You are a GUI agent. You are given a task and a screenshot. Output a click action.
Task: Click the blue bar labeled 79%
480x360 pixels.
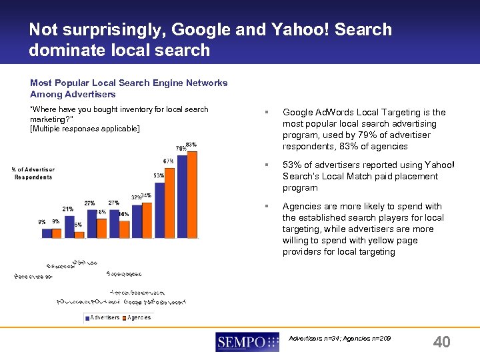[x=182, y=195]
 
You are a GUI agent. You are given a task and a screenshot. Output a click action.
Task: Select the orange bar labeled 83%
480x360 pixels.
[x=192, y=194]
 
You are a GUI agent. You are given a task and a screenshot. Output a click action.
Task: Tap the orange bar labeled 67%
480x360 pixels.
[x=169, y=203]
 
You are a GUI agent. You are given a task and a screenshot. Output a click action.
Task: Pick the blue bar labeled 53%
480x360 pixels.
[x=159, y=209]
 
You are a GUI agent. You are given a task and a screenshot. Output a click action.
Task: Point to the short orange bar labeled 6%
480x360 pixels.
[x=78, y=233]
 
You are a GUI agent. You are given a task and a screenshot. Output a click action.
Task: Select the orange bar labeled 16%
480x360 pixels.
[x=124, y=229]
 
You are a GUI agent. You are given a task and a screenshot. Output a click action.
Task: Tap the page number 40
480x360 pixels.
[x=441, y=342]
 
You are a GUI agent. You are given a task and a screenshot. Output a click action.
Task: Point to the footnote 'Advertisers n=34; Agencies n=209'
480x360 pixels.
[x=339, y=339]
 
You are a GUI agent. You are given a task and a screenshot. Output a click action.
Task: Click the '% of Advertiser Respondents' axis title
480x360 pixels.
[x=33, y=173]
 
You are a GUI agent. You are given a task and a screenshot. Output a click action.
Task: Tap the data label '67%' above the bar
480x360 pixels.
[x=168, y=161]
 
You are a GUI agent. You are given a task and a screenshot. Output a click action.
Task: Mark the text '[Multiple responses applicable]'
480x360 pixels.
[x=85, y=128]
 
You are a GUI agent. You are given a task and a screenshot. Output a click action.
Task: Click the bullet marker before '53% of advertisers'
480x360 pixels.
[x=266, y=165]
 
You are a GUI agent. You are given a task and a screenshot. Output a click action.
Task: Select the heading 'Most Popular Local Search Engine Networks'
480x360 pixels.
[x=129, y=83]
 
